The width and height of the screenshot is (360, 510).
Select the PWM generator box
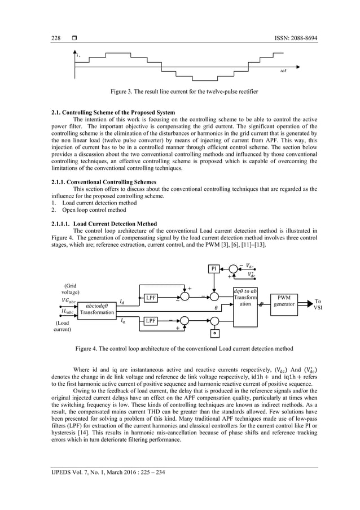point(288,300)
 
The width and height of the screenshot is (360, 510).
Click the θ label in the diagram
point(215,308)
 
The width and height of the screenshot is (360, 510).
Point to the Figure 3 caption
point(179,91)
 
